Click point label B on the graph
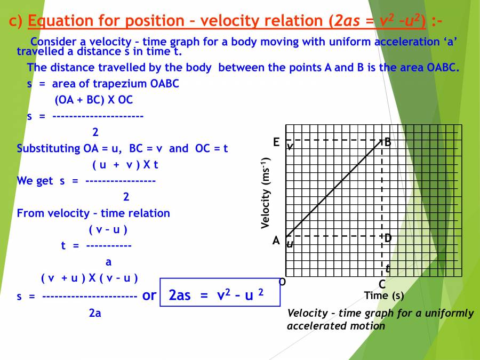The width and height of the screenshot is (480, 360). point(388,142)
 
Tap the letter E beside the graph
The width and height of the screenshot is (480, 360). point(276,142)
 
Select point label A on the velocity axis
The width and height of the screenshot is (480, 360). point(276,241)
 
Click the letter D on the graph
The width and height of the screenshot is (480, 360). point(388,238)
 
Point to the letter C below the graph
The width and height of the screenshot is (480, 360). point(382,284)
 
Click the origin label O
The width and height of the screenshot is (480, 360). point(282,281)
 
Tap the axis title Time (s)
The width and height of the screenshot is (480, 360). point(384,295)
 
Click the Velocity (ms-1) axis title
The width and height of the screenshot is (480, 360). point(265,193)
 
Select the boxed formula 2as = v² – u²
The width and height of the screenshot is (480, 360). point(220,295)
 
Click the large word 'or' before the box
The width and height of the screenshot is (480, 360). point(149,295)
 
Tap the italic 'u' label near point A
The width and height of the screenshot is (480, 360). point(290,244)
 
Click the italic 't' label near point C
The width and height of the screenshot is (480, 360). point(388,269)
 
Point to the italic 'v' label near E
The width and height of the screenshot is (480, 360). point(290,146)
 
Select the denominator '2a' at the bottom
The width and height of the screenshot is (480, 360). point(95,314)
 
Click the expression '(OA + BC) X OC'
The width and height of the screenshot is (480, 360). point(93,100)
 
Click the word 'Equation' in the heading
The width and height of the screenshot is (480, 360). point(58,21)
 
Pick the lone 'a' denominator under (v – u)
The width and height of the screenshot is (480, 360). point(108,262)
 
